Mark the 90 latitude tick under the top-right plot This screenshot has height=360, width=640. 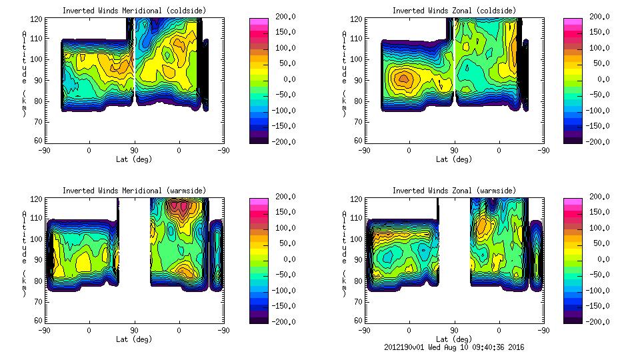click(x=454, y=151)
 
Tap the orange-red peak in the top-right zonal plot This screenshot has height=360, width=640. click(x=403, y=79)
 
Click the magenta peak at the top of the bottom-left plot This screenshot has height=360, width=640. click(x=178, y=205)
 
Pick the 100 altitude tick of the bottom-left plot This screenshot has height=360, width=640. click(x=38, y=239)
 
